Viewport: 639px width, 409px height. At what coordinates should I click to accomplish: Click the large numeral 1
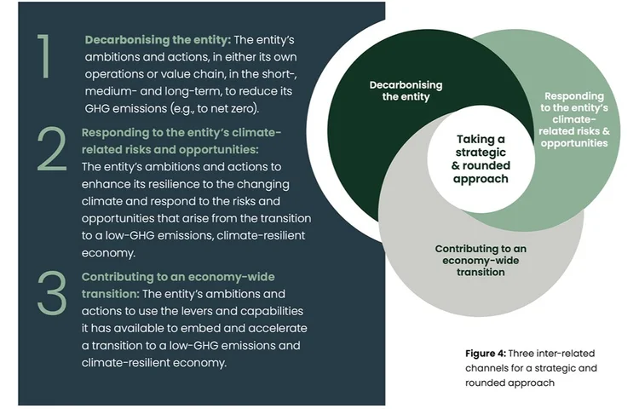point(45,57)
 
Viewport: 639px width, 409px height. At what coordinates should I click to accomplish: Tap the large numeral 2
point(52,151)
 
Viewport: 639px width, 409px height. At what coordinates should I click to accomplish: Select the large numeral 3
point(52,293)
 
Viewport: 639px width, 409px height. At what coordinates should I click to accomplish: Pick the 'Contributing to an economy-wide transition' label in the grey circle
point(481,261)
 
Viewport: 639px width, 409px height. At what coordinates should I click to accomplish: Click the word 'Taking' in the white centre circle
point(481,139)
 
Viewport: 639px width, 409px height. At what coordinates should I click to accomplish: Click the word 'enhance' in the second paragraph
point(105,184)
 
